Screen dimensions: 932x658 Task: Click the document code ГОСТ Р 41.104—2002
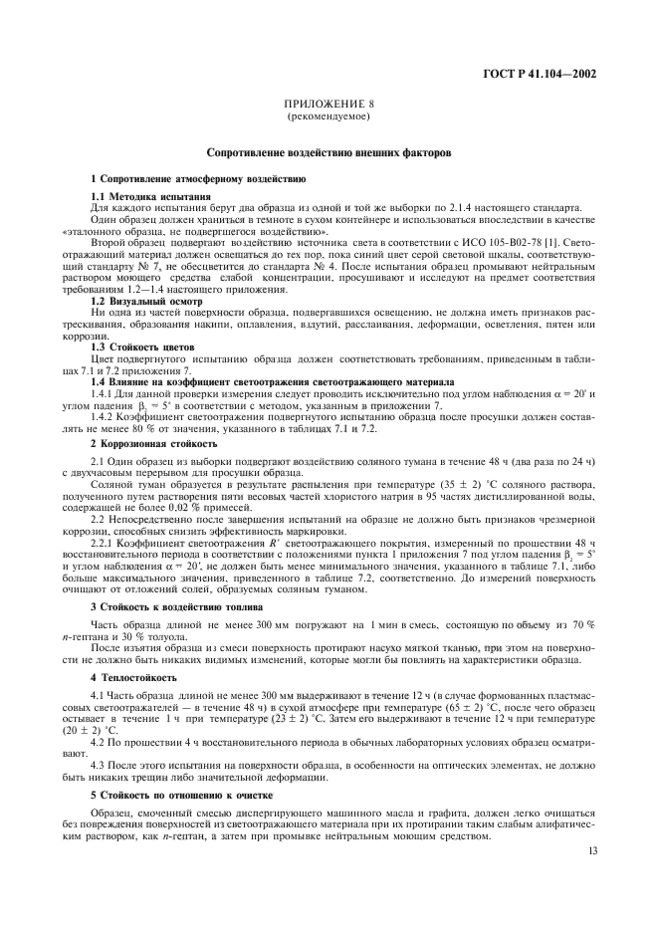coord(543,74)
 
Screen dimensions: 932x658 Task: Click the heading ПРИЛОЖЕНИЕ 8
coord(329,105)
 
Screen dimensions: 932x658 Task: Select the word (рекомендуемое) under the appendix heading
coord(329,116)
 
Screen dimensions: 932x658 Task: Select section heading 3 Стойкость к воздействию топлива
coord(176,605)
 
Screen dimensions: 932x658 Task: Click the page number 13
coord(591,852)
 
